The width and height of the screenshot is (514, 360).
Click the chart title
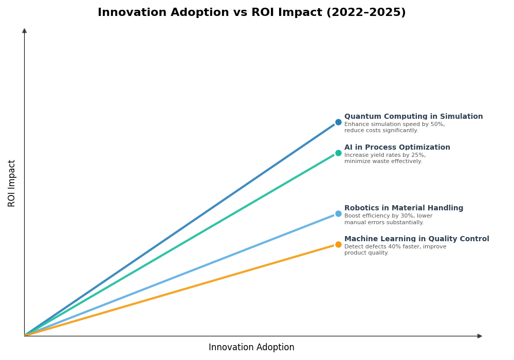click(251, 13)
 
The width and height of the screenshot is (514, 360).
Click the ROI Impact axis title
click(12, 183)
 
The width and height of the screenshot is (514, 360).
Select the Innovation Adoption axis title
click(251, 348)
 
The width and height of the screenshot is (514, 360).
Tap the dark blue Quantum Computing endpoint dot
click(338, 122)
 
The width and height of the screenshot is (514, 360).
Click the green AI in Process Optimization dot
click(338, 153)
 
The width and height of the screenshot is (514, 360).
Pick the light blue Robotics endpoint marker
click(338, 214)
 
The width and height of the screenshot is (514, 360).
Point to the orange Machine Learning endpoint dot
click(338, 245)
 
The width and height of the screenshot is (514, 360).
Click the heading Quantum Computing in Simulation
click(413, 117)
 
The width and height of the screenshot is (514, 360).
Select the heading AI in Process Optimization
click(397, 148)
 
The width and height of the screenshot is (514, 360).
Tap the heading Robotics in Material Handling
click(403, 208)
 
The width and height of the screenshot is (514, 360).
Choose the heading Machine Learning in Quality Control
click(416, 239)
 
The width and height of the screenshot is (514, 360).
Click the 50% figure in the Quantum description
click(437, 124)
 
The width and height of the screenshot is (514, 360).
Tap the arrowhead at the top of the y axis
click(24, 31)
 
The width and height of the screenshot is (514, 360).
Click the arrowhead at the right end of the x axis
click(480, 336)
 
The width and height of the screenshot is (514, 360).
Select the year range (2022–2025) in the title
click(365, 13)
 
